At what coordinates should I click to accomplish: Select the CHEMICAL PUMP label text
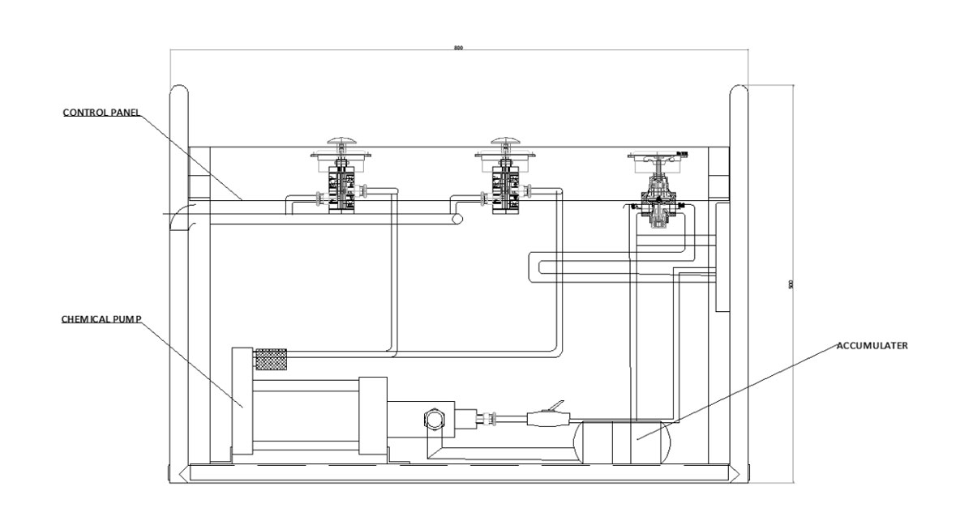click(x=101, y=318)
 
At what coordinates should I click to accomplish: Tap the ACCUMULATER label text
click(x=872, y=344)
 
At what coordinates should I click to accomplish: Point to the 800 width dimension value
click(x=458, y=49)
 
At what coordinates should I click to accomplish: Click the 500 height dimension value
click(x=791, y=284)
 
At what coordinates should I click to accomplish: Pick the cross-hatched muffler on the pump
click(x=272, y=358)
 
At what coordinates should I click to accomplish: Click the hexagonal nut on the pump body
click(x=433, y=419)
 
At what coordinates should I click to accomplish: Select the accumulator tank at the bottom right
click(x=622, y=442)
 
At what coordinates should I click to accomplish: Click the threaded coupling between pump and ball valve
click(x=490, y=419)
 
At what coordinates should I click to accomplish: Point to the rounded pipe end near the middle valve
click(x=458, y=220)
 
